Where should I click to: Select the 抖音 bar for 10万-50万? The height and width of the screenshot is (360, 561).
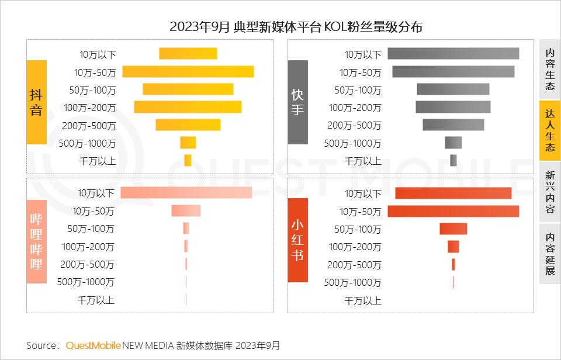188,71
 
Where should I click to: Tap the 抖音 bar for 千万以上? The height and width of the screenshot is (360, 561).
188,160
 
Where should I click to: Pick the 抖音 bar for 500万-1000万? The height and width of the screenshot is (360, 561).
188,143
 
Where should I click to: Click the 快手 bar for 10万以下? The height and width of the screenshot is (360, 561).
453,54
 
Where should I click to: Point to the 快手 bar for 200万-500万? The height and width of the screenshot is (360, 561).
453,124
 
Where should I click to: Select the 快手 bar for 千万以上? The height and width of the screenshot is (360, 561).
453,160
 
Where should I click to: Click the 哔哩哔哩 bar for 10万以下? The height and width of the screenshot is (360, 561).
186,193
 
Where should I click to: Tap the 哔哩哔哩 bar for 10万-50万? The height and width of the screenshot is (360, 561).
186,210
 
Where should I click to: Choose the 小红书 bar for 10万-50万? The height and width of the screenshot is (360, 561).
453,211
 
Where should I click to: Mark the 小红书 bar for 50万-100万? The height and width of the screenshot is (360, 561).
453,229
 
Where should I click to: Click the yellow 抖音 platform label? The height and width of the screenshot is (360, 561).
36,102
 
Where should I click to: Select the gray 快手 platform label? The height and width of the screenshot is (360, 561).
297,102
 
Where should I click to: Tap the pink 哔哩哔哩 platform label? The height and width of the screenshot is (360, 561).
36,240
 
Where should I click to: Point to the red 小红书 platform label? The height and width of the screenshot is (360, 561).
297,240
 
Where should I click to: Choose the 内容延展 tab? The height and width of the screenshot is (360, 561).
550,254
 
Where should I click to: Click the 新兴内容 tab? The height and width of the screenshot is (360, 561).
550,192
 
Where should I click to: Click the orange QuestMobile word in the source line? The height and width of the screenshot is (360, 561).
93,345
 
